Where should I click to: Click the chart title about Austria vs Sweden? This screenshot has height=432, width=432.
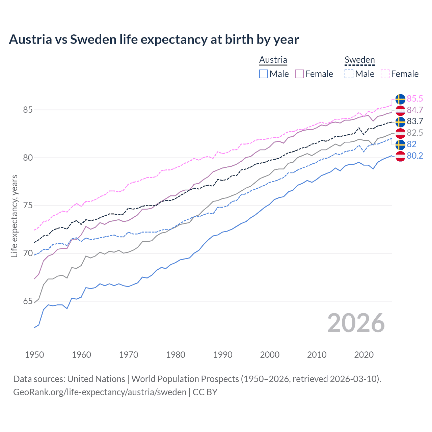point(154,39)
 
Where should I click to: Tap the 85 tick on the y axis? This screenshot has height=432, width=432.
point(28,110)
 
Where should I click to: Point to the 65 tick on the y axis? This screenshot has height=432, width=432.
point(28,301)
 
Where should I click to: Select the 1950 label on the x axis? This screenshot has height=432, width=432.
point(34,355)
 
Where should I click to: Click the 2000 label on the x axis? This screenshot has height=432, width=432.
point(270,355)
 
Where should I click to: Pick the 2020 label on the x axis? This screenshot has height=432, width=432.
point(364,355)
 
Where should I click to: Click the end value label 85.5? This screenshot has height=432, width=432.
point(415,99)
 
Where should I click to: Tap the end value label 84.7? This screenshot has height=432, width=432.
point(415,110)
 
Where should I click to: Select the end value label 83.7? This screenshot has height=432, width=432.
point(415,121)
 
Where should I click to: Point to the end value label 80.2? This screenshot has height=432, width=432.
point(415,156)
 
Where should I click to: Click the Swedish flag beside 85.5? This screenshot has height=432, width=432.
point(400,99)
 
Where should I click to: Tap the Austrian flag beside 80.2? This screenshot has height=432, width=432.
point(400,156)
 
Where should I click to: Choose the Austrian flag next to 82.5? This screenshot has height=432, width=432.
point(400,133)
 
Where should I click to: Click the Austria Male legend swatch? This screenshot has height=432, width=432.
point(264,74)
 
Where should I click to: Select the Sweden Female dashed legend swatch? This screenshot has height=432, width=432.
point(385,74)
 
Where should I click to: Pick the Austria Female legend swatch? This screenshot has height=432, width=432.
point(300,74)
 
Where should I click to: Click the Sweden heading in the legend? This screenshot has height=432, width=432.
point(359,60)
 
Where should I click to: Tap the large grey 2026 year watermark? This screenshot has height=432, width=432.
point(356,323)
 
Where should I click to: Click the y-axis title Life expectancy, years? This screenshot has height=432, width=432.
point(15,216)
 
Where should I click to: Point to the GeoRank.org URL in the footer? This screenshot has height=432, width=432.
point(100,392)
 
